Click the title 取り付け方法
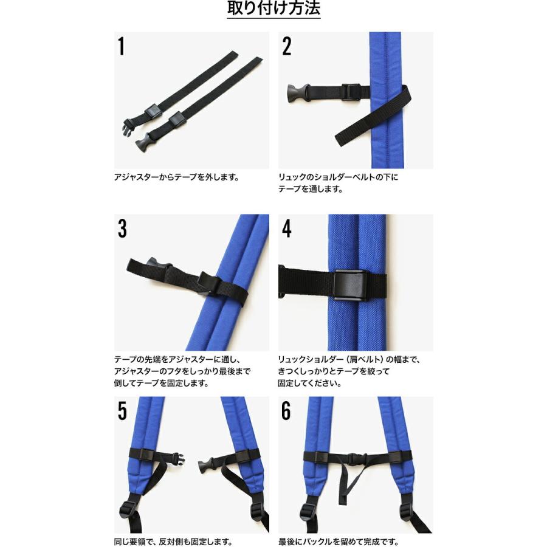click(273, 9)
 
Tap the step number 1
click(121, 46)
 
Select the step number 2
click(286, 46)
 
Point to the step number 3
click(122, 229)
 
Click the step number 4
click(286, 229)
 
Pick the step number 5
click(122, 411)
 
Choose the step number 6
click(286, 411)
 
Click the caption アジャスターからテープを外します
click(176, 177)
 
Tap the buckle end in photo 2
click(297, 94)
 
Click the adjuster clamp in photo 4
click(349, 286)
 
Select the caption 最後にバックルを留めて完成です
click(338, 542)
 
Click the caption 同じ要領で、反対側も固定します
click(173, 542)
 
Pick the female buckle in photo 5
click(206, 465)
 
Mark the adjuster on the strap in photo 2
click(351, 92)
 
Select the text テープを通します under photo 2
click(310, 189)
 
